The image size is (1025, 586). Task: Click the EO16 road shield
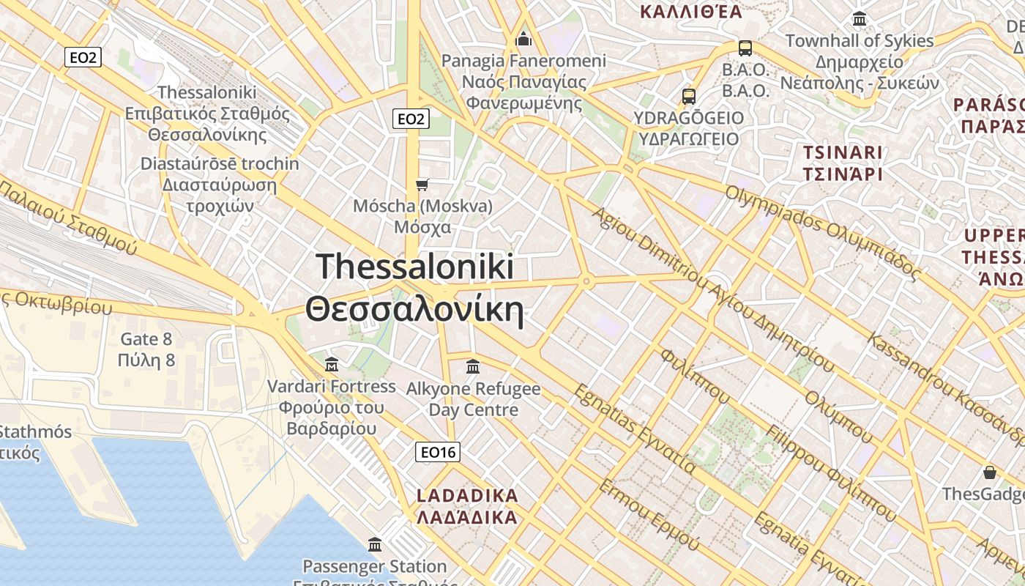coord(438,453)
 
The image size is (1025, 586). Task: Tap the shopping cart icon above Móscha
coord(422,184)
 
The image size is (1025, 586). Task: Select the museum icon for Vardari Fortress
coord(332,364)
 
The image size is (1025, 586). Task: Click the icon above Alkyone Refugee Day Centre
coord(473,366)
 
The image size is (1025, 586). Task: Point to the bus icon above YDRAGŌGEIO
coord(688,96)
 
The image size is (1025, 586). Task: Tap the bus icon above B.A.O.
coord(745,48)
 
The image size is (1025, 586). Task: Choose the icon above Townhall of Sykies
coord(860,19)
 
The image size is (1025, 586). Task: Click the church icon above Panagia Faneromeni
coord(523,38)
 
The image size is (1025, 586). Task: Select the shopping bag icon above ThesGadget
coord(990,472)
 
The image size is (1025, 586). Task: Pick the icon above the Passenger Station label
coord(375,544)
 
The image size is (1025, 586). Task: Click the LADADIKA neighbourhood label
coord(467,496)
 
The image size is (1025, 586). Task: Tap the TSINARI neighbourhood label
coord(842,153)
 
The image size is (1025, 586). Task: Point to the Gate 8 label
coord(146,339)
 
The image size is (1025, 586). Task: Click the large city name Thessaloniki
coord(415,267)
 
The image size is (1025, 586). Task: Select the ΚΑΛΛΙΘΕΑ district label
coord(690,11)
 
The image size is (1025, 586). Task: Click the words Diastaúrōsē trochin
coord(220,163)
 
